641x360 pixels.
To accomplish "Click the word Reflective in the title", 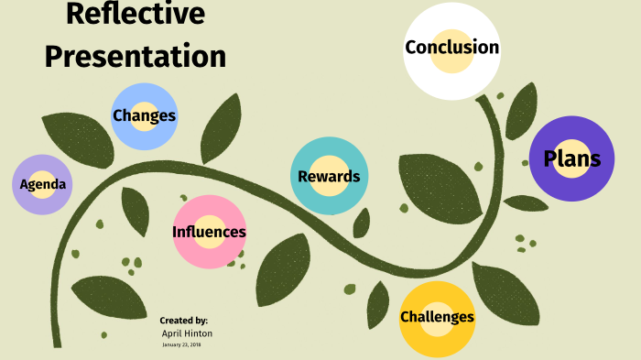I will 135,15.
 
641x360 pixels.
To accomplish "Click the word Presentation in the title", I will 135,56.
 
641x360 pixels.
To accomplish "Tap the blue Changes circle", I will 144,116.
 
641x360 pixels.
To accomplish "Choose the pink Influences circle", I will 209,232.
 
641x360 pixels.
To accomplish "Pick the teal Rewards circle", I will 329,176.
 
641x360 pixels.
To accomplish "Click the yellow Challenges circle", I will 437,318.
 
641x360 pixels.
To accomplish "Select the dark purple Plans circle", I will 572,159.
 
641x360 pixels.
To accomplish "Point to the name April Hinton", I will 187,333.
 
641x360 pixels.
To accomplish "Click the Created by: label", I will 183,321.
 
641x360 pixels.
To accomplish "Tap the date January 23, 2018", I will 182,345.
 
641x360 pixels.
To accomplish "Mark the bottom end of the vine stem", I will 57,344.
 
